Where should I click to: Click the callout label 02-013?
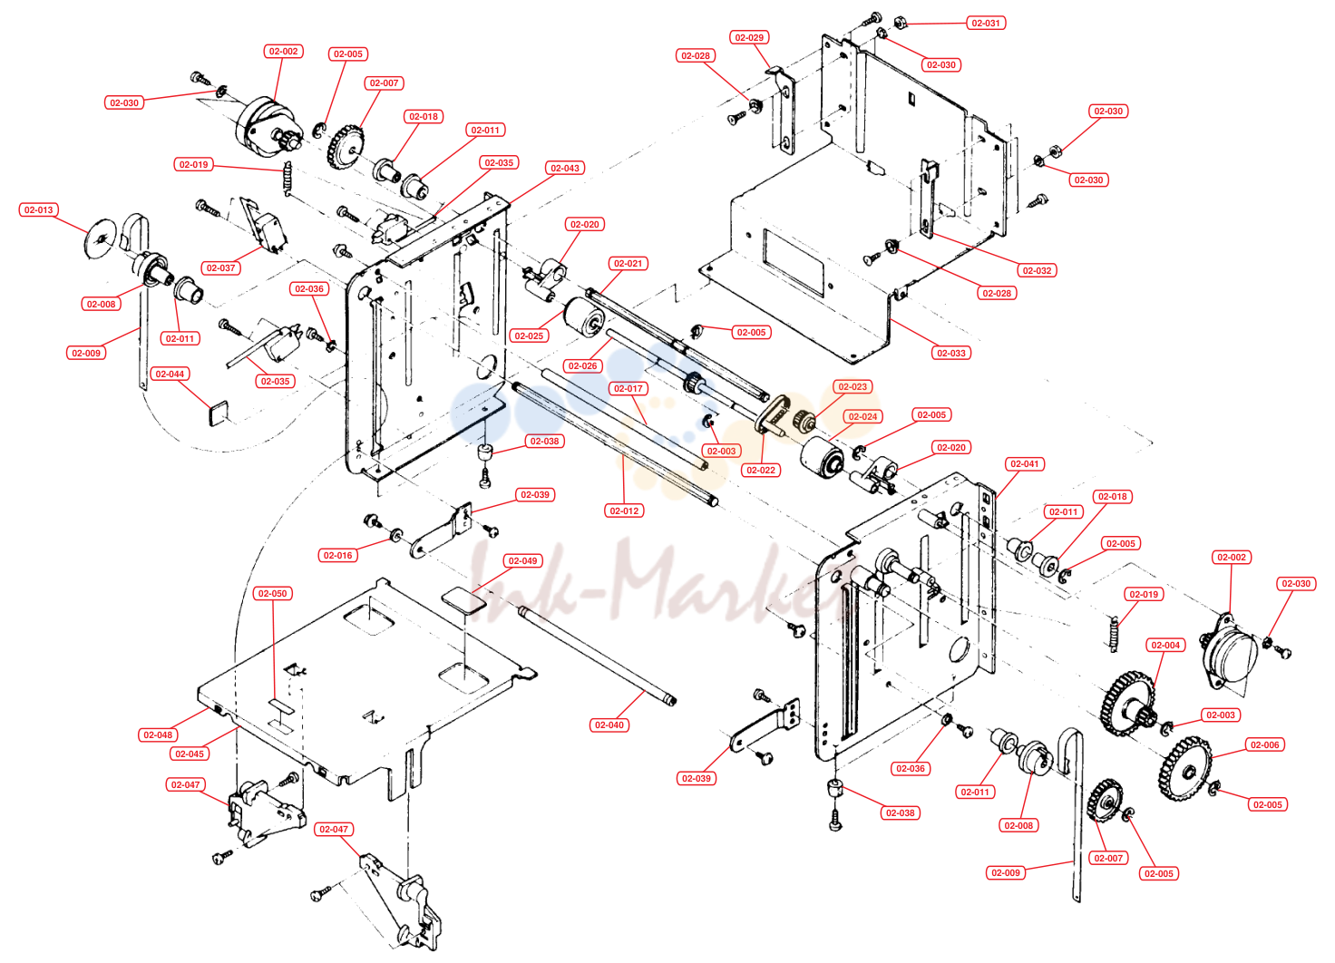pyautogui.click(x=39, y=209)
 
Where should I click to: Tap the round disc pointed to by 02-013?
pyautogui.click(x=101, y=239)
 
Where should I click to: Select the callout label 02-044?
pyautogui.click(x=170, y=374)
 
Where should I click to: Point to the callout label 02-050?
pyautogui.click(x=272, y=594)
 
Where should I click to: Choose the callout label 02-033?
pyautogui.click(x=951, y=353)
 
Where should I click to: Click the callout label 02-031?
pyautogui.click(x=986, y=24)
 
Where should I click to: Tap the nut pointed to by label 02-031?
pyautogui.click(x=900, y=24)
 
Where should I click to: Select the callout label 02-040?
pyautogui.click(x=609, y=725)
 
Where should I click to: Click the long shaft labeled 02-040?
pyautogui.click(x=597, y=655)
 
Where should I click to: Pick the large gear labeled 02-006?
pyautogui.click(x=1185, y=768)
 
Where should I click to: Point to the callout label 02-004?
pyautogui.click(x=1165, y=645)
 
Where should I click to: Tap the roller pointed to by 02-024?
pyautogui.click(x=822, y=457)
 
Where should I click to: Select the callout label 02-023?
pyautogui.click(x=853, y=387)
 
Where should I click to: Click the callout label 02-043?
pyautogui.click(x=565, y=168)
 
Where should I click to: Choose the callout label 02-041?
pyautogui.click(x=1025, y=463)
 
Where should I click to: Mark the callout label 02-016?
pyautogui.click(x=338, y=555)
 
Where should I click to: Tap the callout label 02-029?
pyautogui.click(x=749, y=37)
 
